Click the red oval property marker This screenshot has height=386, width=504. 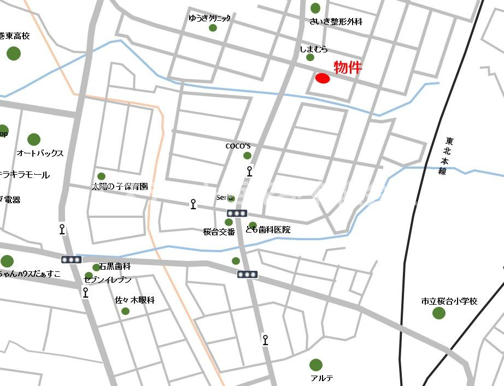tap(323, 79)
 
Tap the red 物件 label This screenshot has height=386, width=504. tap(348, 68)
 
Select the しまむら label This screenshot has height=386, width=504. tap(314, 49)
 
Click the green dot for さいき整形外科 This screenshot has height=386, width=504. tap(315, 8)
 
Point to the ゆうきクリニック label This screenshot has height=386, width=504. tap(209, 18)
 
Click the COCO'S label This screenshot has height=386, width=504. tap(238, 146)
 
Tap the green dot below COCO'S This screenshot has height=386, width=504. tap(247, 156)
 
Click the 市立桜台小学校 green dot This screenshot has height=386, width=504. tap(438, 313)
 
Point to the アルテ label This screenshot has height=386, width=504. tap(321, 378)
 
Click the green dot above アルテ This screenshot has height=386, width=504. tap(315, 365)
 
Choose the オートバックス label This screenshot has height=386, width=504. tap(40, 153)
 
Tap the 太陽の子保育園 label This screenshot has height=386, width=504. tap(120, 186)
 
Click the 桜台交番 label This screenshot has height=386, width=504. tap(219, 231)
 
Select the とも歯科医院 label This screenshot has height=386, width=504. tap(268, 230)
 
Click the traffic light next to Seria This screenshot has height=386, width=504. tap(237, 213)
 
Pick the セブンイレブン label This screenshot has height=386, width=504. tap(108, 280)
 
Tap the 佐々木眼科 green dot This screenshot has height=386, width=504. tap(125, 311)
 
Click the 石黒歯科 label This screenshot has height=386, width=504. tap(115, 267)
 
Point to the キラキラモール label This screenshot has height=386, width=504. tap(24, 175)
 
